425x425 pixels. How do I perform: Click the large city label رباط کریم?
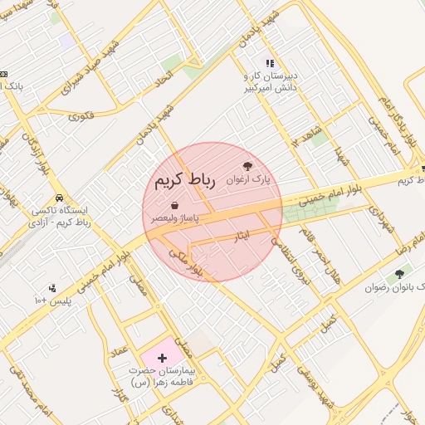tap(184, 181)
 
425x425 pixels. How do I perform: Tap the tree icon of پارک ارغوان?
tap(247, 167)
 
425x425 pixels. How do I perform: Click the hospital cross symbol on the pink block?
tap(161, 357)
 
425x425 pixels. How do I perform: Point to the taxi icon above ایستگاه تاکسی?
tap(59, 199)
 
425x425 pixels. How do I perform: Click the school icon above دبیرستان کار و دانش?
tap(269, 63)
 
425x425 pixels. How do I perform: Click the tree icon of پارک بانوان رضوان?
tap(400, 274)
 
